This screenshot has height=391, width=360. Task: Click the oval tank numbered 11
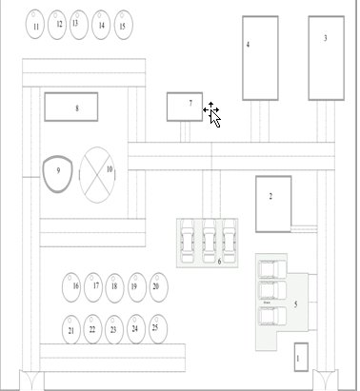[35, 25]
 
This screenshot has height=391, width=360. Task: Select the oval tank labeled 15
[123, 25]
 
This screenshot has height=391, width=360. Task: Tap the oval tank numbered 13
[79, 25]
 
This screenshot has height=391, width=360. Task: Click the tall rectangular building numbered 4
[260, 58]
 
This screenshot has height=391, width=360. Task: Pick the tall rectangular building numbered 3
[327, 58]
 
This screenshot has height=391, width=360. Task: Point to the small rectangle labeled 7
[185, 107]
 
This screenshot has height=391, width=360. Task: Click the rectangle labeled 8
[71, 107]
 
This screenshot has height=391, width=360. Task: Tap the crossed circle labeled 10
[97, 175]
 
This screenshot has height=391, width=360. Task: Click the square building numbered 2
[273, 205]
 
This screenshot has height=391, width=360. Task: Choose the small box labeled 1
[301, 357]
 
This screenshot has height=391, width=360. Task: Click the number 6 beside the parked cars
[219, 262]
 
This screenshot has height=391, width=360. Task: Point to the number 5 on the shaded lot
[295, 304]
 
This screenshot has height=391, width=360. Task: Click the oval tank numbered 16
[71, 287]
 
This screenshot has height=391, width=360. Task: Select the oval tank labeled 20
[159, 287]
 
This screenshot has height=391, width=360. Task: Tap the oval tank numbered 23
[114, 329]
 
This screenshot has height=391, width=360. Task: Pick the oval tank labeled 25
[158, 329]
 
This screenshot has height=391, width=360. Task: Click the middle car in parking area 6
[210, 241]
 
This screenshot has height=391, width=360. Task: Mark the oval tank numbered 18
[114, 288]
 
